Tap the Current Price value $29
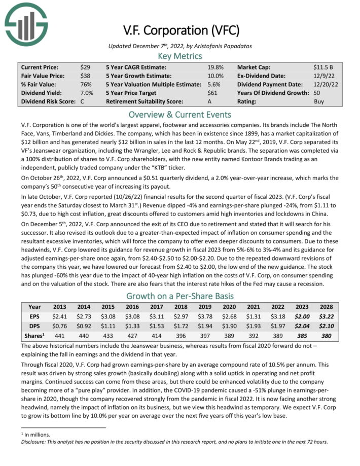click(x=85, y=67)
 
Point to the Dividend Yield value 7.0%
click(x=87, y=93)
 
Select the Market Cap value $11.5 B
click(x=323, y=67)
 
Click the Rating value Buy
click(x=319, y=101)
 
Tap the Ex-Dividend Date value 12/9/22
click(x=323, y=76)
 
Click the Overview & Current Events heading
click(x=179, y=115)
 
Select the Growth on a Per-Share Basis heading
click(x=179, y=296)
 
